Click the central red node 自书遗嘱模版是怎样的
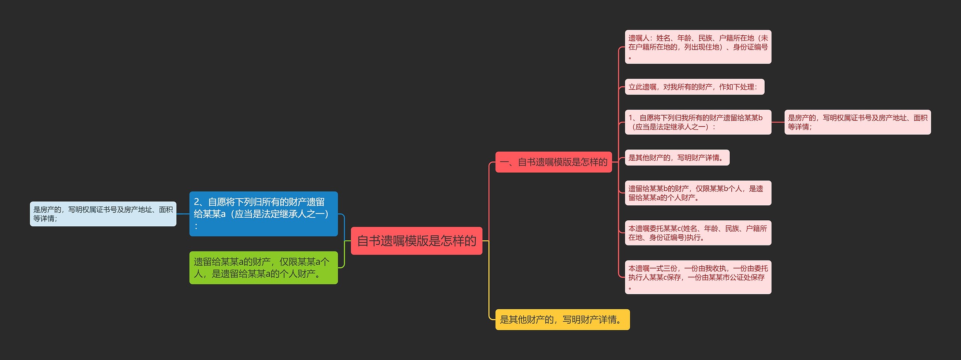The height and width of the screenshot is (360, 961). pyautogui.click(x=416, y=241)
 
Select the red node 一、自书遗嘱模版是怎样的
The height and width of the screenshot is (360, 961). pyautogui.click(x=553, y=162)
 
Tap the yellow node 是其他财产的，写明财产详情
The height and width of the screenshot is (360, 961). pyautogui.click(x=562, y=319)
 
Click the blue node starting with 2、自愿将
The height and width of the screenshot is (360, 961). pyautogui.click(x=263, y=214)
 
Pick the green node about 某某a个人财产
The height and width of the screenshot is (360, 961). pyautogui.click(x=263, y=268)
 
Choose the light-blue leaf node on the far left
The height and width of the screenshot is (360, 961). pyautogui.click(x=103, y=214)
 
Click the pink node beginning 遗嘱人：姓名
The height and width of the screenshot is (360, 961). pyautogui.click(x=698, y=47)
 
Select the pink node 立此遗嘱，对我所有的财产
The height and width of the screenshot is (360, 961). pyautogui.click(x=694, y=87)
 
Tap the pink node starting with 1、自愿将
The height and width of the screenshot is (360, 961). pyautogui.click(x=698, y=122)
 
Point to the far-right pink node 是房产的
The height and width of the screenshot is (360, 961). pyautogui.click(x=857, y=122)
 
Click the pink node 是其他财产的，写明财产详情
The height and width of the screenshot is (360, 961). pyautogui.click(x=677, y=158)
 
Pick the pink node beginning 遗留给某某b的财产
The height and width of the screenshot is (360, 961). pyautogui.click(x=698, y=193)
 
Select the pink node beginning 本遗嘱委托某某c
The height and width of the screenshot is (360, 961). pyautogui.click(x=698, y=233)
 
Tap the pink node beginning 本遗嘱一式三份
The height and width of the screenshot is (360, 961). pyautogui.click(x=698, y=277)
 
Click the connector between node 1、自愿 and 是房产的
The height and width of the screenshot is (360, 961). pyautogui.click(x=778, y=122)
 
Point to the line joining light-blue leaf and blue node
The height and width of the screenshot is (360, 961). pyautogui.click(x=183, y=214)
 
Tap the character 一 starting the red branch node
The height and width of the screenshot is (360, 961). pyautogui.click(x=504, y=163)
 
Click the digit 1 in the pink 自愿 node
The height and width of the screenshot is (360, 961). pyautogui.click(x=631, y=118)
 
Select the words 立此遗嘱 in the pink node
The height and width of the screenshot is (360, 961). pyautogui.click(x=643, y=87)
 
